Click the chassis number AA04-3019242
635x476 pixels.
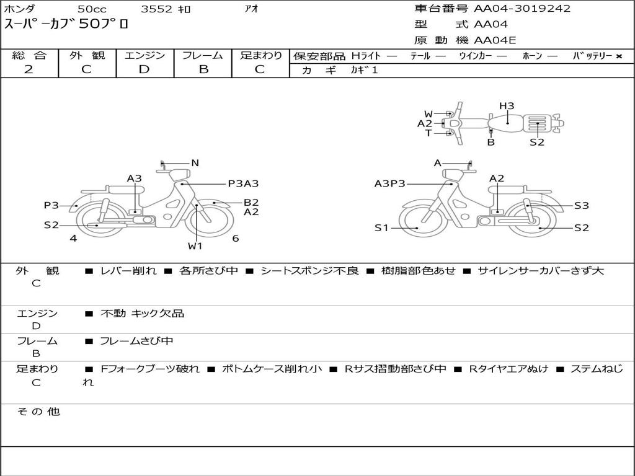point(522,9)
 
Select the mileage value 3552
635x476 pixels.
point(156,9)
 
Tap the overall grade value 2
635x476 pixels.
point(29,69)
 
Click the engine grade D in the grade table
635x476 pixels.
point(144,69)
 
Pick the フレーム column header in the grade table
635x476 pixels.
point(203,55)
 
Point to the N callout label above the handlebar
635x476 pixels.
point(195,163)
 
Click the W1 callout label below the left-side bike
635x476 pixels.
point(195,246)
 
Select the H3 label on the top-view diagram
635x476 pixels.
point(506,106)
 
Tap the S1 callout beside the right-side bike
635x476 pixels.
point(381,228)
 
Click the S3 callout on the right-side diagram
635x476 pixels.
point(582,206)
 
